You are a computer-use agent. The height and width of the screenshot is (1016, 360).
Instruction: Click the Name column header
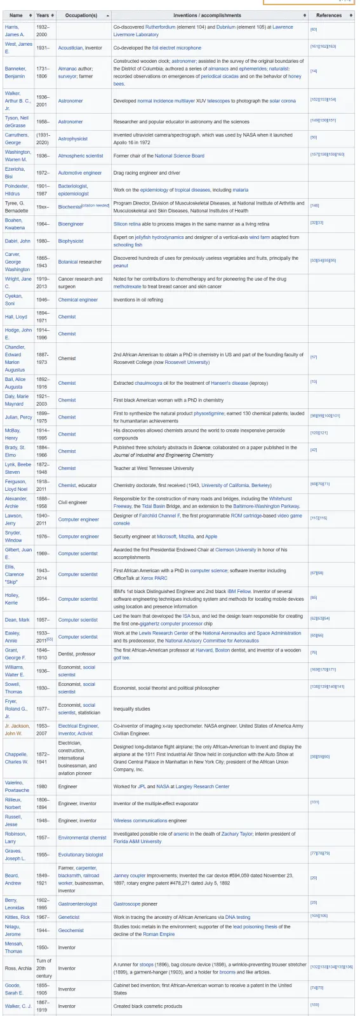click(x=16, y=15)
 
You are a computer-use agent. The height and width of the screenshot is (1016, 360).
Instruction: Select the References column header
click(x=328, y=15)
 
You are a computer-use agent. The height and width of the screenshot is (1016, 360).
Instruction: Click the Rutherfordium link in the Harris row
click(x=163, y=27)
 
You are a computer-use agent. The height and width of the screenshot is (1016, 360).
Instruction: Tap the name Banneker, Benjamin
click(x=15, y=72)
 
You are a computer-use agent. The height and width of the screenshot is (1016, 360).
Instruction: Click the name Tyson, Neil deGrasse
click(x=16, y=121)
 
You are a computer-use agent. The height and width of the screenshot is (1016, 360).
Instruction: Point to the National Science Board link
click(x=180, y=156)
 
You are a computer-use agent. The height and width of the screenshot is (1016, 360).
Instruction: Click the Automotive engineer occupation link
click(x=80, y=173)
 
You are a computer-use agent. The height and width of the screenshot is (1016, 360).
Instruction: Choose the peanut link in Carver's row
click(x=121, y=265)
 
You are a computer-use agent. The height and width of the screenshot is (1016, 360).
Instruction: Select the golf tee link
click(x=122, y=657)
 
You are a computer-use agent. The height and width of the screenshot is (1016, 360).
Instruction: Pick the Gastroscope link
click(x=128, y=904)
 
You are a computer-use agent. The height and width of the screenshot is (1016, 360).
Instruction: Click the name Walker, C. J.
click(x=18, y=1006)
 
